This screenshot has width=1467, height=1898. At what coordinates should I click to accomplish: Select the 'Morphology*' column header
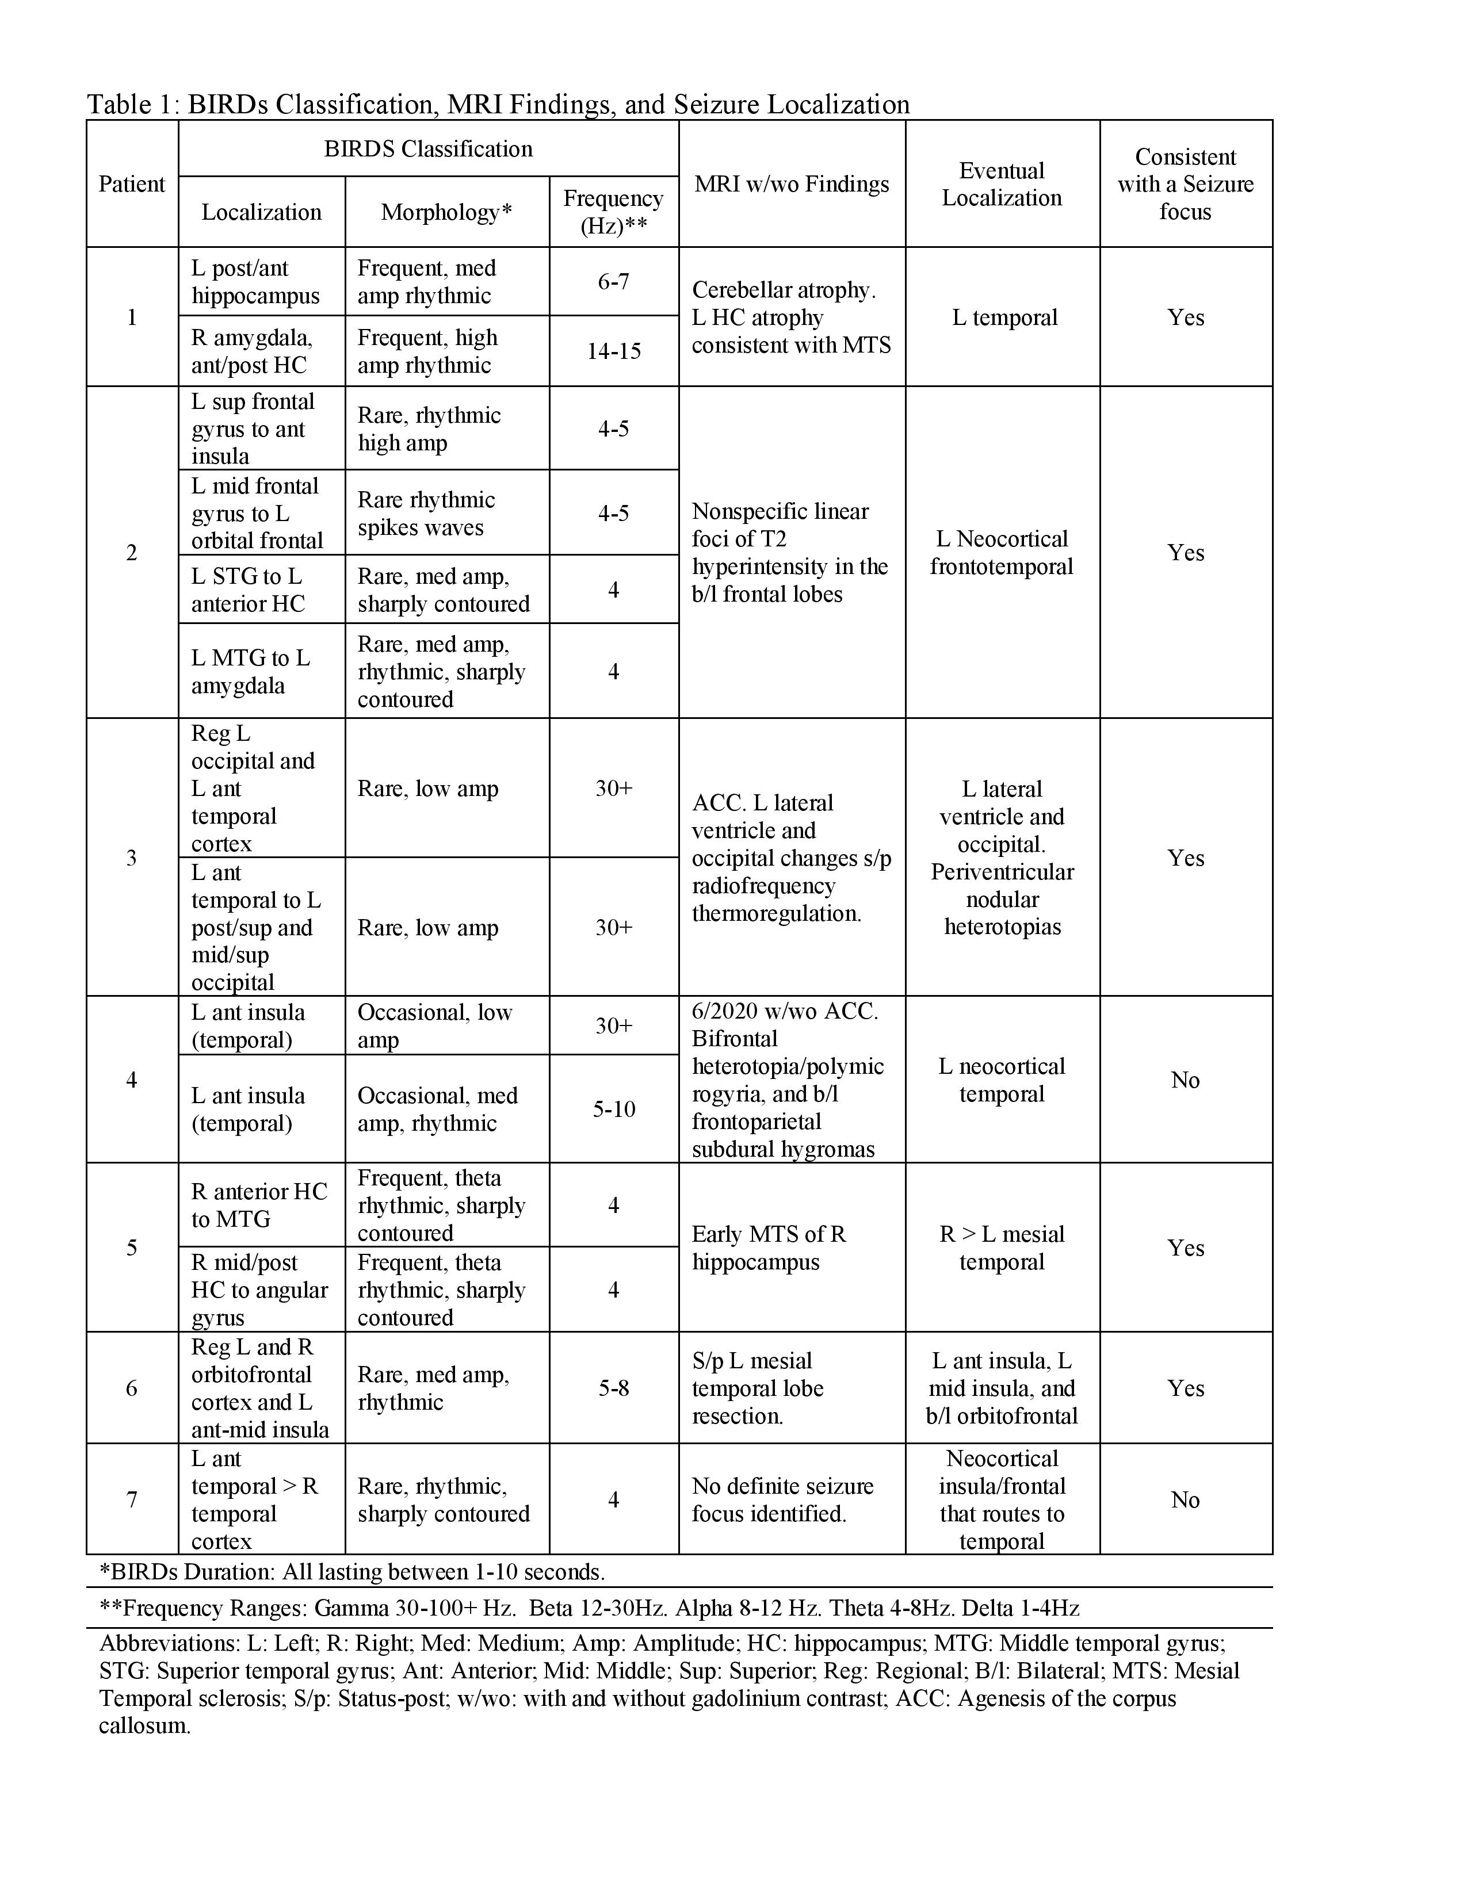click(x=446, y=212)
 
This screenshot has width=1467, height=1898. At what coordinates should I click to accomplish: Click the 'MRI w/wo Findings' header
click(x=791, y=184)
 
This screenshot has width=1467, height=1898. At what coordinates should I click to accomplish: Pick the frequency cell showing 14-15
click(x=614, y=351)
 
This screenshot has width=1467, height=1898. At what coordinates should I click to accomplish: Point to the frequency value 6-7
click(x=614, y=282)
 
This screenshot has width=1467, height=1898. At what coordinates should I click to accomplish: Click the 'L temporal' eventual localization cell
click(x=1004, y=317)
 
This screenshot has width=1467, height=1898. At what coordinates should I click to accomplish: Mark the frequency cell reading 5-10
click(x=614, y=1109)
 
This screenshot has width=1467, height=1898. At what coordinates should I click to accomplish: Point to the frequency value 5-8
click(x=614, y=1388)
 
